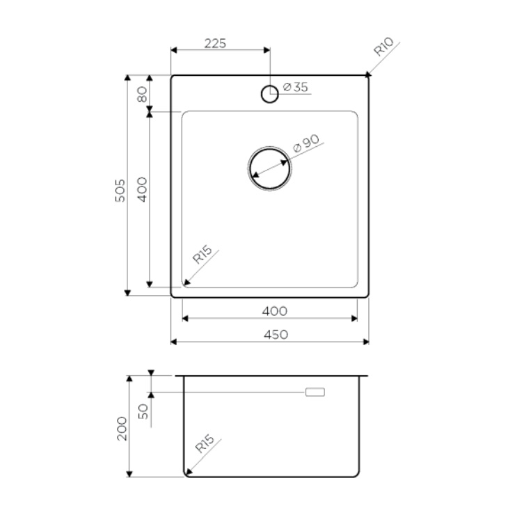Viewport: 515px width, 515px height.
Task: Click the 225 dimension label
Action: click(x=215, y=43)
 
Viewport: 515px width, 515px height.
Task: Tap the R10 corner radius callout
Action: click(x=383, y=47)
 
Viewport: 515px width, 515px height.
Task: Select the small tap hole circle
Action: click(x=269, y=94)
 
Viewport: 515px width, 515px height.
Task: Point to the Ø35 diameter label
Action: click(x=295, y=87)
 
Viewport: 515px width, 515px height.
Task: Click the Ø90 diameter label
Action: click(x=306, y=143)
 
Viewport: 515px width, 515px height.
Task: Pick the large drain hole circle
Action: click(x=269, y=168)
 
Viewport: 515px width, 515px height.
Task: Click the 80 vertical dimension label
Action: click(x=142, y=94)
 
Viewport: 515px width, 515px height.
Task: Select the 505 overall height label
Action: click(x=120, y=191)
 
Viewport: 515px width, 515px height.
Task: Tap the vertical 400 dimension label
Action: click(x=142, y=189)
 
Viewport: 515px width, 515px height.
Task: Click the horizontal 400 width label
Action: click(x=275, y=310)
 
